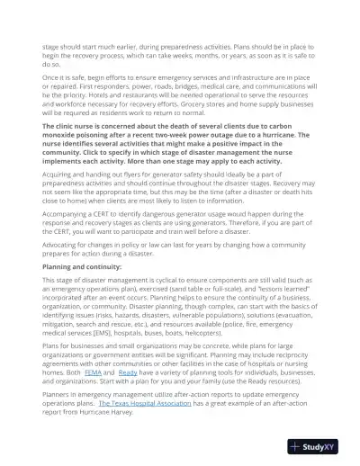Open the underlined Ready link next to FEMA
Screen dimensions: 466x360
[128, 371]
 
